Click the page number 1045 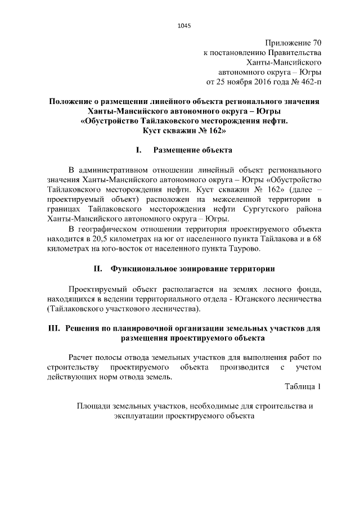(x=184, y=25)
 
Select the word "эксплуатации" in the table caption (x=137, y=416)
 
